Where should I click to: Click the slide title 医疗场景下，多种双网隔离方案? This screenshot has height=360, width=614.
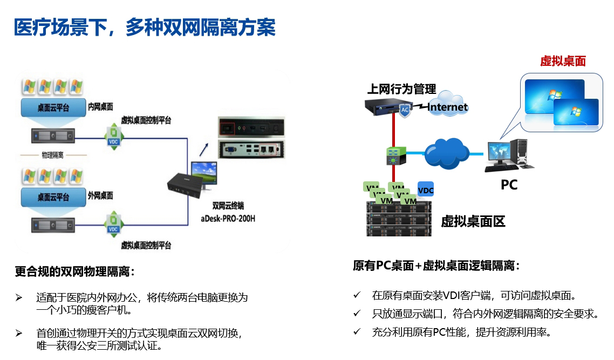click(145, 27)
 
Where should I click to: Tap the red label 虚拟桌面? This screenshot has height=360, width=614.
click(563, 62)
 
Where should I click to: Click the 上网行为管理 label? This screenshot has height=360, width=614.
click(401, 89)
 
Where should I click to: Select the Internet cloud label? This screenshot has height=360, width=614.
click(448, 107)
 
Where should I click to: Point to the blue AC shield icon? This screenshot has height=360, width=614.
click(405, 110)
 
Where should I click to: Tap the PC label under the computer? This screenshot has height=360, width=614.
click(509, 185)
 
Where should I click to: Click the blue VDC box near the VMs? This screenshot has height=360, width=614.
click(426, 190)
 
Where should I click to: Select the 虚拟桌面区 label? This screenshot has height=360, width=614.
click(473, 221)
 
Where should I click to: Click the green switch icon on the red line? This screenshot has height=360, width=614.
click(394, 156)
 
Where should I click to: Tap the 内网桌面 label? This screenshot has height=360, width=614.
click(100, 107)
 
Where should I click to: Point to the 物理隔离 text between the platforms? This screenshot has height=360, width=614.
click(53, 155)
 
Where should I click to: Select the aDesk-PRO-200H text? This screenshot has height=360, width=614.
click(228, 219)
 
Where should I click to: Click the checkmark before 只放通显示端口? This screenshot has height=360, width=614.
click(357, 313)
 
